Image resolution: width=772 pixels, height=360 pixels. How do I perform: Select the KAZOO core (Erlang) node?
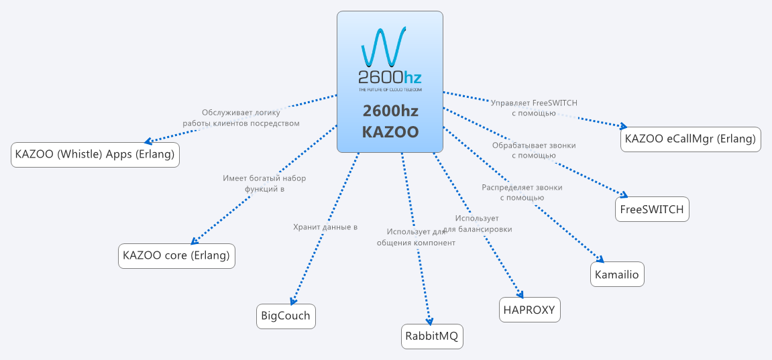[x=176, y=255]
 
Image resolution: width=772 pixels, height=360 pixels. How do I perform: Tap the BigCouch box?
[x=286, y=316]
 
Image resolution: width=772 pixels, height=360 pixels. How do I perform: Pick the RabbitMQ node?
[x=433, y=336]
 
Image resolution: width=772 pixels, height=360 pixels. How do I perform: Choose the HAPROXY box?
[x=530, y=310]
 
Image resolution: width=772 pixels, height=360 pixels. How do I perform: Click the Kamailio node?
[x=617, y=274]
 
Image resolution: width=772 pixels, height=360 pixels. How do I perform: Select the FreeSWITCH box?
[x=652, y=209]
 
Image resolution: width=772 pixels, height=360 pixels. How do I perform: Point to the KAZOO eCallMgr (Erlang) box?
[x=690, y=139]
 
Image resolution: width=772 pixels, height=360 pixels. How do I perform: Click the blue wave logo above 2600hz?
[x=383, y=46]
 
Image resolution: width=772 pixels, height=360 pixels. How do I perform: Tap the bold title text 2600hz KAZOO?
[x=390, y=121]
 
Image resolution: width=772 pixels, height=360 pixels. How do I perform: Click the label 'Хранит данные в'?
[x=325, y=227]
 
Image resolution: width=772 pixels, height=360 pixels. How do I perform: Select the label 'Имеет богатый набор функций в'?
[x=264, y=184]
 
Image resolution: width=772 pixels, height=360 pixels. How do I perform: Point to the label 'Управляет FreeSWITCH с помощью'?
[x=534, y=108]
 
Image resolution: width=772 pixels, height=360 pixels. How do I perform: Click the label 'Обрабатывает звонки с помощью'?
[x=534, y=150]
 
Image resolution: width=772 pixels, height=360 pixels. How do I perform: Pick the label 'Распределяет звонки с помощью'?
[x=522, y=192]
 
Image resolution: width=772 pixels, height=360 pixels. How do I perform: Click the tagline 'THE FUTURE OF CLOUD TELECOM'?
[x=390, y=89]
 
